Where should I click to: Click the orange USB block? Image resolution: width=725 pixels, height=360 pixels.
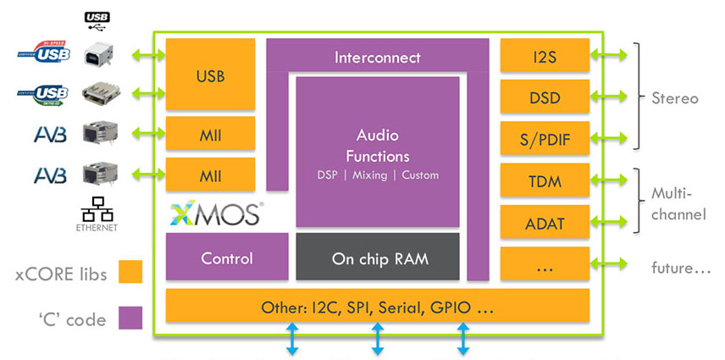point(210,75)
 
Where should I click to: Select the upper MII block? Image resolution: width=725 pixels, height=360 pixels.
point(210,133)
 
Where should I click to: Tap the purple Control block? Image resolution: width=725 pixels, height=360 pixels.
point(221,258)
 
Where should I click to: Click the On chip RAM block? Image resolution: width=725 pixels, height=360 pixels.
point(378,258)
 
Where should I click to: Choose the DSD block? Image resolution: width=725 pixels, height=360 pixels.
point(545,97)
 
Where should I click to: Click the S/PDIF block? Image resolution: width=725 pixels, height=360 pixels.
point(545,139)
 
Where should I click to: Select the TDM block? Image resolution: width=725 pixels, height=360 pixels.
point(545,180)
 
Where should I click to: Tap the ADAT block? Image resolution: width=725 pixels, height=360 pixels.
point(545,222)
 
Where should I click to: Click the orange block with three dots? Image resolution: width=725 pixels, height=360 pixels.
point(545,264)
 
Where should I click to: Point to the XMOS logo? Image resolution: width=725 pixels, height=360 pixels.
point(216,213)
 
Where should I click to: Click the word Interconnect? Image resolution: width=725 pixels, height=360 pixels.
point(377,58)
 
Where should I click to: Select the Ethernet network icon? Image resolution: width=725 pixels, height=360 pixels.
point(95,212)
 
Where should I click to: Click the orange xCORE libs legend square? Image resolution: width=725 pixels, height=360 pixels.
point(130,272)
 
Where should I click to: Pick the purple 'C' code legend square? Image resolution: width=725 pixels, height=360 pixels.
point(130,318)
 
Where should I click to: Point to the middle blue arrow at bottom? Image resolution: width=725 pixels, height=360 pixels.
point(378,338)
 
